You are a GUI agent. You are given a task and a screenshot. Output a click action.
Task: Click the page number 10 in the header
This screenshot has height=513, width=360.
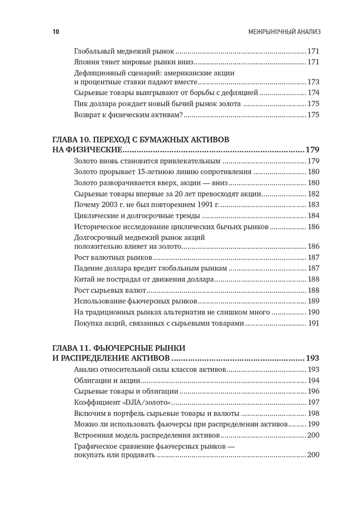56,32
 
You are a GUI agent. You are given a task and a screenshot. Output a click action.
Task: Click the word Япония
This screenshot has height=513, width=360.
88,62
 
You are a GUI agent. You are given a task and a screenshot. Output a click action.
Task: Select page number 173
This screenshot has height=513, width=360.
313,82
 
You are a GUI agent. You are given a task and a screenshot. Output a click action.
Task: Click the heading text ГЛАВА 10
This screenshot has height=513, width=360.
77,140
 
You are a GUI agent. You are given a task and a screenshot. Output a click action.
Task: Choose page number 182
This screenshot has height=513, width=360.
313,193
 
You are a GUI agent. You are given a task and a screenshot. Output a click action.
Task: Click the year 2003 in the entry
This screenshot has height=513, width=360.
114,204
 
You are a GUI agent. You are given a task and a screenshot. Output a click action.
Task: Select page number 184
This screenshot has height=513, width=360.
313,215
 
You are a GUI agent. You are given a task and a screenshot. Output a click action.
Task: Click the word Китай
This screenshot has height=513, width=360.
86,279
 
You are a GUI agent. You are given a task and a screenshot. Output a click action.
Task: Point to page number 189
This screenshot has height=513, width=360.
313,301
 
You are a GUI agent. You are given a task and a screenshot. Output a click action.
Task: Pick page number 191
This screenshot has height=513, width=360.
313,323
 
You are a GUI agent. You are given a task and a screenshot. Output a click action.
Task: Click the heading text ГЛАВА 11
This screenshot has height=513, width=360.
77,347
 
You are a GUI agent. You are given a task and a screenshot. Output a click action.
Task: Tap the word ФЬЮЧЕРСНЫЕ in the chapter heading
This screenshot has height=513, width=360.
136,347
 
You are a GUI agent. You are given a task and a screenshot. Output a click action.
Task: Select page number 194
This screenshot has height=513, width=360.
313,380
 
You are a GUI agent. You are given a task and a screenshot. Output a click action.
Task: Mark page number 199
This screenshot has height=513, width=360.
313,424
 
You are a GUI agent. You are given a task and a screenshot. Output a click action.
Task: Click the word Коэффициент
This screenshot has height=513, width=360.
96,402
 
